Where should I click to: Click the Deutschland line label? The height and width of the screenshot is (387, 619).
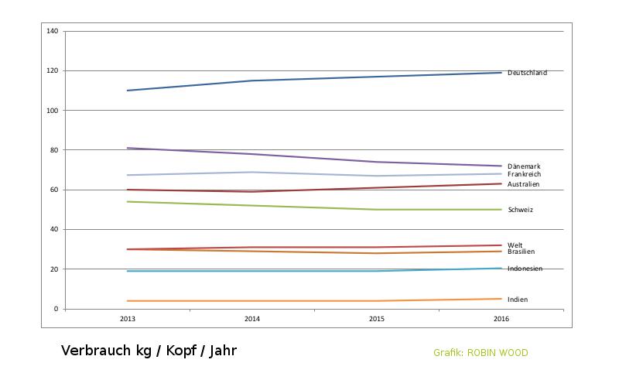click(527, 73)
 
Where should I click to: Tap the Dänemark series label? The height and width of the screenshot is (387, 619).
click(524, 166)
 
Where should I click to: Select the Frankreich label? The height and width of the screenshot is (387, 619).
click(524, 174)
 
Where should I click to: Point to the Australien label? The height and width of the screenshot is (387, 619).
click(524, 184)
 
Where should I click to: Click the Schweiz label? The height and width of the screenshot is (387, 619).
click(520, 210)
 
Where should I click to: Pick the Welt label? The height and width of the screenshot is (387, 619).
click(515, 245)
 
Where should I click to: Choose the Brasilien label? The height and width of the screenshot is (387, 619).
click(521, 252)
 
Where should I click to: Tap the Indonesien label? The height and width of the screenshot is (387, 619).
click(525, 269)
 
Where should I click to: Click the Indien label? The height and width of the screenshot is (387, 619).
click(518, 300)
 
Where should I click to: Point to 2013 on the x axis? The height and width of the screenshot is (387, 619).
click(128, 319)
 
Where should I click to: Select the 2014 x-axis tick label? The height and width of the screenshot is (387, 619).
click(252, 319)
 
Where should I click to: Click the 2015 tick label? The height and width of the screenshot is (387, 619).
click(377, 319)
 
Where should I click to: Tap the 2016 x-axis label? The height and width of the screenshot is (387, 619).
click(501, 319)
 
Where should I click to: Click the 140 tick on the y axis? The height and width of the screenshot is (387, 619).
click(53, 31)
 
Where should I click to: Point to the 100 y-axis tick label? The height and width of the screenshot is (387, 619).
click(53, 111)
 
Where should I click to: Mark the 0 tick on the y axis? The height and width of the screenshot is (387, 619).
click(56, 309)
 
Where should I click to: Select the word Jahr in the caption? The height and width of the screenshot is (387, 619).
click(221, 351)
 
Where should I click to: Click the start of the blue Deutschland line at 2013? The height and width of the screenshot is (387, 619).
click(128, 91)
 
